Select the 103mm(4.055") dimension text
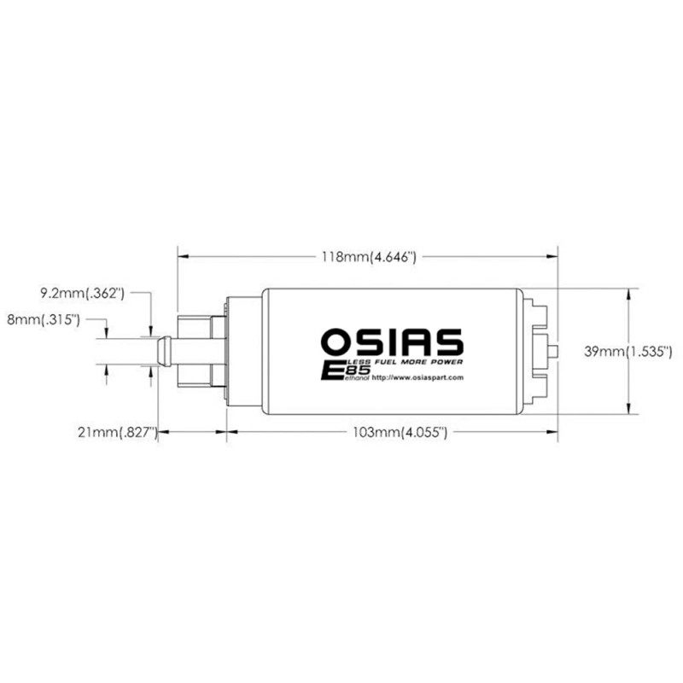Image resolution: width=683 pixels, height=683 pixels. pyautogui.click(x=401, y=433)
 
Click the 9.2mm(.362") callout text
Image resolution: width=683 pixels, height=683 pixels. pyautogui.click(x=83, y=294)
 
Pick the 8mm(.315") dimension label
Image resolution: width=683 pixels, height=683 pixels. pyautogui.click(x=43, y=320)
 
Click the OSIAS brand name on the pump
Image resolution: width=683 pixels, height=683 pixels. pyautogui.click(x=392, y=341)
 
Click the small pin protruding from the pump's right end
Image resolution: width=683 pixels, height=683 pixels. pyautogui.click(x=555, y=350)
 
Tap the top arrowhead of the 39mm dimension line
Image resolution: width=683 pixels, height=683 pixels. pyautogui.click(x=628, y=293)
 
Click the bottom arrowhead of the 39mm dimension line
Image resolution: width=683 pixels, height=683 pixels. pyautogui.click(x=628, y=409)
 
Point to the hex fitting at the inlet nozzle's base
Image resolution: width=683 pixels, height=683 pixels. pyautogui.click(x=198, y=350)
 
